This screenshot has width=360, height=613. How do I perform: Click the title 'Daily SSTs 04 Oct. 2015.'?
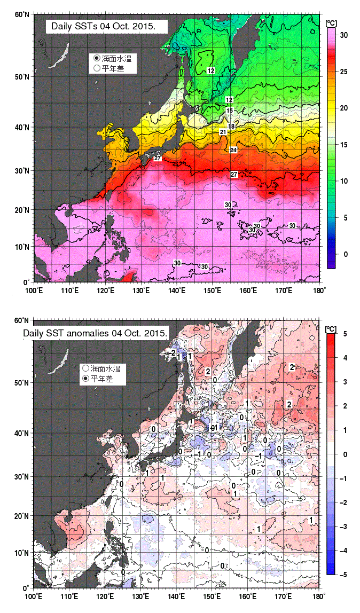[x=107, y=27]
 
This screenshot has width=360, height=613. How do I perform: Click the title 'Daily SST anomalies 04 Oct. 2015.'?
[x=96, y=334]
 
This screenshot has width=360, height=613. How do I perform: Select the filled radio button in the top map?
[x=97, y=58]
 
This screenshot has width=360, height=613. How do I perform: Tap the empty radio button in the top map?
[x=97, y=68]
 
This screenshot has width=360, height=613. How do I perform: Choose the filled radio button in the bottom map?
[x=86, y=379]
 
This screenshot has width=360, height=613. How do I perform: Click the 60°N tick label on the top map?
[x=22, y=14]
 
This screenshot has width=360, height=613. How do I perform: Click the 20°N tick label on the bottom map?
[x=22, y=516]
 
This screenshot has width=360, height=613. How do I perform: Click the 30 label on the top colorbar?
[x=343, y=35]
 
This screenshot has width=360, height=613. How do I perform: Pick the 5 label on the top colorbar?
[x=346, y=218]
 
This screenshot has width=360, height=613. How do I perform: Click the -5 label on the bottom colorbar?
[x=343, y=575]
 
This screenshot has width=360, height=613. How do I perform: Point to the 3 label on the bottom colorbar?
[x=345, y=382]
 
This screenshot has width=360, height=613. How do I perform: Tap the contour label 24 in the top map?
[x=233, y=150]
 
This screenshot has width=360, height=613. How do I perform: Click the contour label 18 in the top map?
[x=231, y=126]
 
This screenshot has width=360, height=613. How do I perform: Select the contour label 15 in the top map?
[x=230, y=111]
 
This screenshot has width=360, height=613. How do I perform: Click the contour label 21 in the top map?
[x=223, y=132]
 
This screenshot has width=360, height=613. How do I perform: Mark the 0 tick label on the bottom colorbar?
[x=345, y=454]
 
